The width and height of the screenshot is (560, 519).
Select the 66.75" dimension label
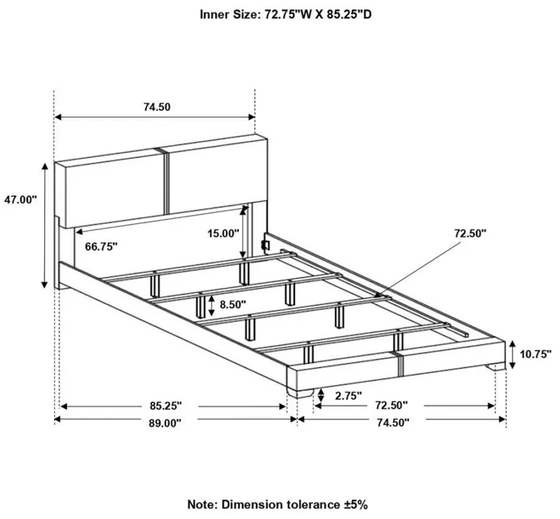click(x=101, y=247)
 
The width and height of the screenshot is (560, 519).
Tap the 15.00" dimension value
click(x=223, y=233)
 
